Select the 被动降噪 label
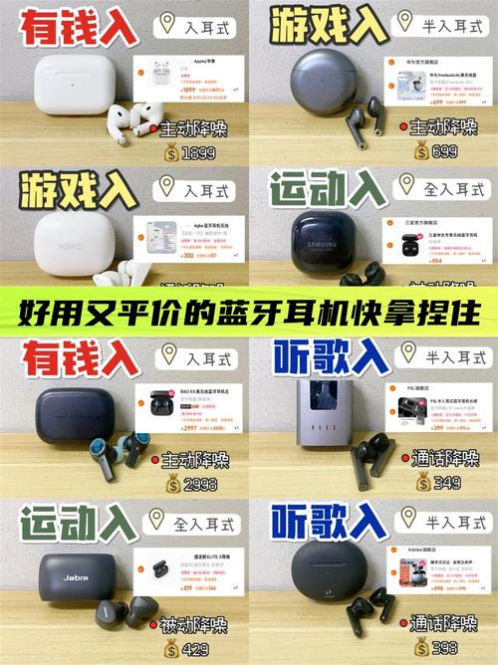(x=195, y=624)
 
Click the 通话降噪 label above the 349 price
(x=444, y=459)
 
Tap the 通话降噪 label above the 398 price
(x=444, y=624)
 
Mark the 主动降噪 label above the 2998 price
(x=195, y=459)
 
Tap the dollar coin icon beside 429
(x=170, y=649)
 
